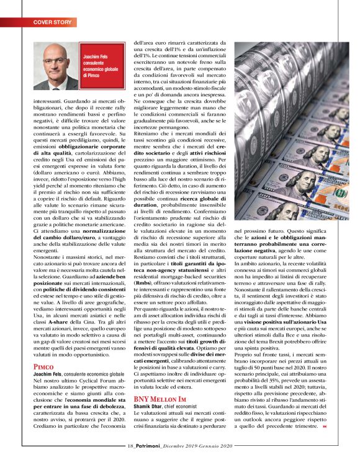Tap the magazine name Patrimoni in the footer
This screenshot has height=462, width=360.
(x=151, y=445)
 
